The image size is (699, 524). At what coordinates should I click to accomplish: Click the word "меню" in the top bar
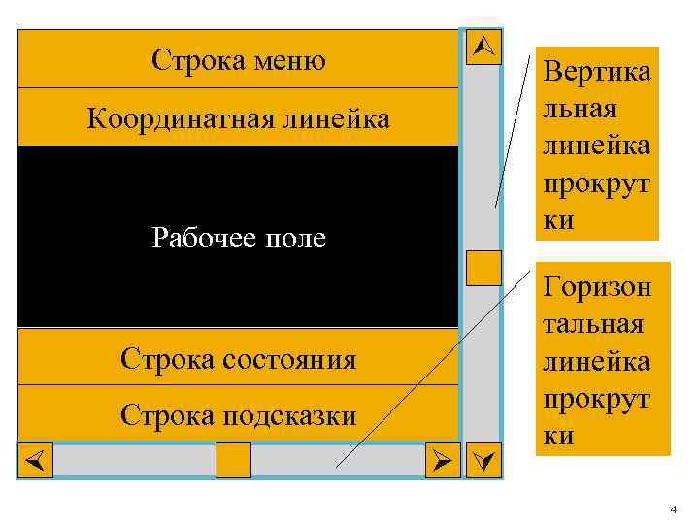pyautogui.click(x=288, y=61)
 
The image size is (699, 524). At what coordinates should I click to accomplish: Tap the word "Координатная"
pyautogui.click(x=166, y=119)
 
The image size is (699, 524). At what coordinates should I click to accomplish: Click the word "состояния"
pyautogui.click(x=290, y=360)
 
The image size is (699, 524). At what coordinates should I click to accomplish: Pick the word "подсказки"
pyautogui.click(x=290, y=415)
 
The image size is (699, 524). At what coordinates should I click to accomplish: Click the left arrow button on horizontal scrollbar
pyautogui.click(x=35, y=460)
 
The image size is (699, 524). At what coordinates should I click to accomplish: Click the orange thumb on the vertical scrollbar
pyautogui.click(x=483, y=268)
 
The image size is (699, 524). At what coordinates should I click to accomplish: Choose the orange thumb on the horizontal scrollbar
pyautogui.click(x=233, y=460)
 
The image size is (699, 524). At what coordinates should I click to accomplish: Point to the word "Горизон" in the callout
pyautogui.click(x=597, y=286)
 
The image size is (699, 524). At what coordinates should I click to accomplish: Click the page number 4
pyautogui.click(x=671, y=510)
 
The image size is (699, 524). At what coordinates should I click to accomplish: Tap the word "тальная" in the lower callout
pyautogui.click(x=594, y=323)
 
